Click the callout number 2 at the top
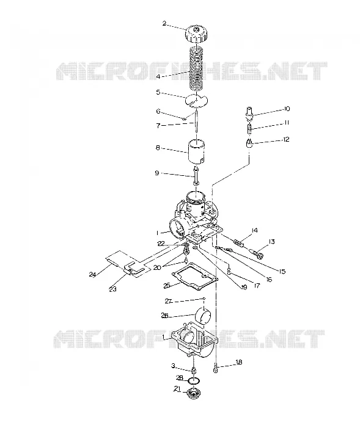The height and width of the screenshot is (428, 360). (x=164, y=23)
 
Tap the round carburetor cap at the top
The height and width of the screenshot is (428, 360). (x=196, y=34)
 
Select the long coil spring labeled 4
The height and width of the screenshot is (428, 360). (x=196, y=70)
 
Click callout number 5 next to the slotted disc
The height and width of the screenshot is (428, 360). (x=158, y=92)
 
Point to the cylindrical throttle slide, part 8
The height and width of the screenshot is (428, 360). (x=196, y=152)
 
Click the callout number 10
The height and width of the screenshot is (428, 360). (x=287, y=109)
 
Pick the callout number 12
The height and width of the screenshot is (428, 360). (x=285, y=139)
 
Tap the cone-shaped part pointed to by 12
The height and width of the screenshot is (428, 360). (x=249, y=143)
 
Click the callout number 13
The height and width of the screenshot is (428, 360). (x=271, y=241)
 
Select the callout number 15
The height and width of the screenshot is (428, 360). (x=282, y=271)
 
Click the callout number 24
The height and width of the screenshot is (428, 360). (x=92, y=274)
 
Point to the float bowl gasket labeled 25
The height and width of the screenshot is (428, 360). (x=194, y=276)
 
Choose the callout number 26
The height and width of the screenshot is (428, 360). (x=164, y=315)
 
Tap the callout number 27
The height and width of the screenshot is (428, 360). (x=168, y=301)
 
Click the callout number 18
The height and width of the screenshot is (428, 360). (x=238, y=362)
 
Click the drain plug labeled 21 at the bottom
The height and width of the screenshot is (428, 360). (x=193, y=393)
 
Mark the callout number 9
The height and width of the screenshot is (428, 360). (x=157, y=173)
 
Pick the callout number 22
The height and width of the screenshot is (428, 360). (x=161, y=244)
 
